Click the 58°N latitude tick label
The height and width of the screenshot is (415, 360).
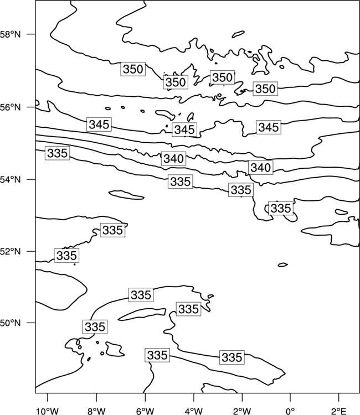pos(10,34)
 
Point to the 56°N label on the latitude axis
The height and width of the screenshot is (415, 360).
pos(10,107)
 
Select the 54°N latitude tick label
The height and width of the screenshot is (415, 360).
pos(10,179)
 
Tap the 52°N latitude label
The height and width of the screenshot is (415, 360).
pos(10,251)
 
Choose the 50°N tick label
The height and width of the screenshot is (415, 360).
pos(10,323)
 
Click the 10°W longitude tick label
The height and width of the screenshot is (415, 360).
pos(47,411)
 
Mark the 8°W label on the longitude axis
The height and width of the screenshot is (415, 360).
pos(96,411)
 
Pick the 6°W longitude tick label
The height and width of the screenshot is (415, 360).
pos(145,411)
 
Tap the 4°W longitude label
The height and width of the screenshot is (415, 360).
pos(194,411)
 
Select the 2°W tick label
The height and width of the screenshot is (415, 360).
pos(242,411)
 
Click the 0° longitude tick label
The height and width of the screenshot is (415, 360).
pos(290,411)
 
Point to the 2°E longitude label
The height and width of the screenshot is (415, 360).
pos(339,411)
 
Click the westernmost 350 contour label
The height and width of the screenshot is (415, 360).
pos(133,69)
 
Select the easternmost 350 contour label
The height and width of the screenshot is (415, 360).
pos(265,89)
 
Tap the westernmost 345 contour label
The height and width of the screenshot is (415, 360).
pos(99,124)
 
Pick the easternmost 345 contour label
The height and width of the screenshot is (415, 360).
pos(269,127)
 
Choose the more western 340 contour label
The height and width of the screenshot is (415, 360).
pos(173,159)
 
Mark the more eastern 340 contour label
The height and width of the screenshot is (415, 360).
pos(261,168)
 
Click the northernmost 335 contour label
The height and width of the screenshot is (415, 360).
pos(58,153)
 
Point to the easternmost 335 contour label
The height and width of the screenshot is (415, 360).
pos(281,208)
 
